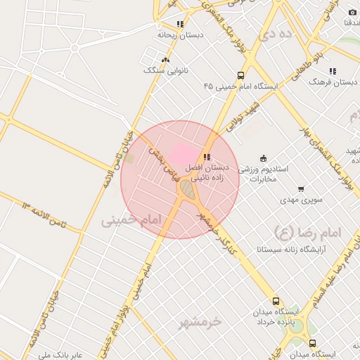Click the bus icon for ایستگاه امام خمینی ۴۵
point(241,76)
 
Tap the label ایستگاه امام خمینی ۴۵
point(241,86)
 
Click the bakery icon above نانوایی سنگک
point(165,60)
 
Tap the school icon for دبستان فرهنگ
point(332,71)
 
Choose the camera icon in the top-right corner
point(352,13)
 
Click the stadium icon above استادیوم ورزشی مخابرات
point(263,157)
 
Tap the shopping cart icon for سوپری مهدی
point(302,188)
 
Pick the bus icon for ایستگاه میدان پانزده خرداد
point(276,301)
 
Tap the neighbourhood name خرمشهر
point(199,321)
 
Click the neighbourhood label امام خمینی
point(131,220)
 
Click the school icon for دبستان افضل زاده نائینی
point(206,157)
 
